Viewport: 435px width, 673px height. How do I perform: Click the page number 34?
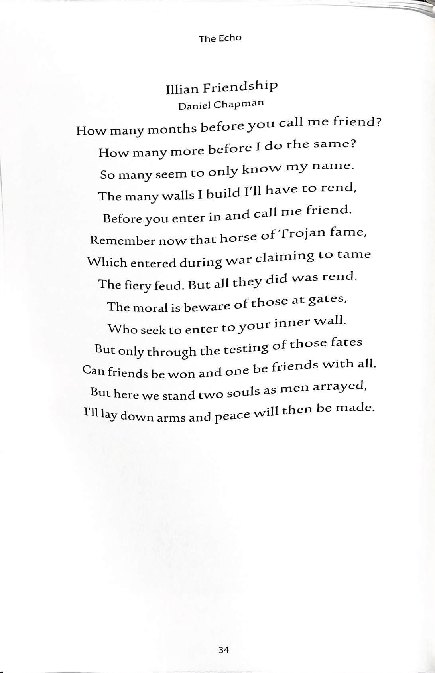pos(224,650)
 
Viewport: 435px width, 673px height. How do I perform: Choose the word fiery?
pos(134,285)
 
